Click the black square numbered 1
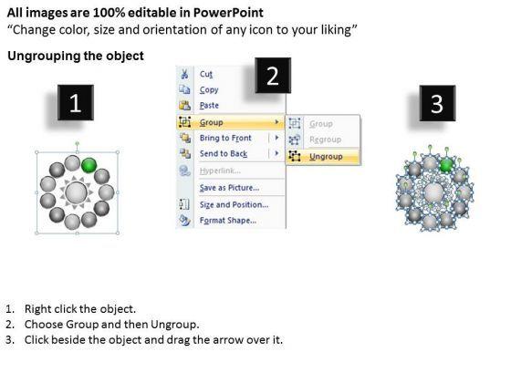pos(76,102)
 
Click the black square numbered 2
pos(273,76)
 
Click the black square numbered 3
pos(437,103)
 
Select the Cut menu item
pos(206,74)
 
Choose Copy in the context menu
pos(209,90)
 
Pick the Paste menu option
pos(209,106)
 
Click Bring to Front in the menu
pos(225,138)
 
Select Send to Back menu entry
pos(224,153)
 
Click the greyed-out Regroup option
pos(325,140)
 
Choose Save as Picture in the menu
pos(229,188)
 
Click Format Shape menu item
pos(228,221)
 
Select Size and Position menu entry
pos(234,204)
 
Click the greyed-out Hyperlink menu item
pos(220,171)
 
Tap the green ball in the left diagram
pos(89,165)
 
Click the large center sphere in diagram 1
pos(77,192)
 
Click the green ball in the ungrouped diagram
pos(447,165)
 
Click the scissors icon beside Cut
pos(184,74)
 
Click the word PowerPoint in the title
pos(228,13)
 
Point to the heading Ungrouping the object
pos(76,56)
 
